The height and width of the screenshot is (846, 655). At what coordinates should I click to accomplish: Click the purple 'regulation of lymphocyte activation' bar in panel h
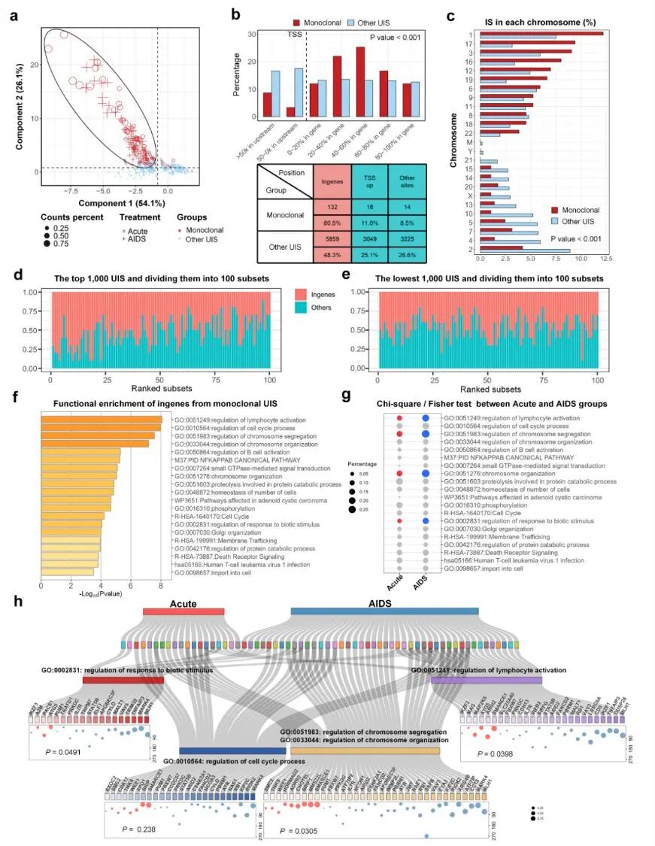click(487, 680)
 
